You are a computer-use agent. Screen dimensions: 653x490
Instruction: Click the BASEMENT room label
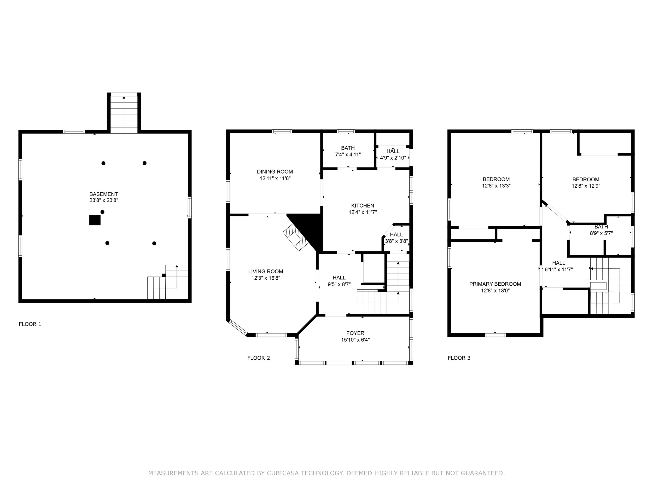pyautogui.click(x=104, y=194)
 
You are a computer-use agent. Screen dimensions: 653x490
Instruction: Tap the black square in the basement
pyautogui.click(x=95, y=220)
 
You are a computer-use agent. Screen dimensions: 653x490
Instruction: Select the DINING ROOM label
pyautogui.click(x=275, y=172)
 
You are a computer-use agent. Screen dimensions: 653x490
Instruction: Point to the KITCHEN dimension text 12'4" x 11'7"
pyautogui.click(x=363, y=212)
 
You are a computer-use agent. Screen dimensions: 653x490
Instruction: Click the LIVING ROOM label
pyautogui.click(x=266, y=272)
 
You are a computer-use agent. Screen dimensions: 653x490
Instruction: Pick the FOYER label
pyautogui.click(x=355, y=333)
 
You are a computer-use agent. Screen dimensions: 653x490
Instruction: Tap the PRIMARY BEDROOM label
pyautogui.click(x=495, y=284)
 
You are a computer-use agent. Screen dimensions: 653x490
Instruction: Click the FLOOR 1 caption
pyautogui.click(x=30, y=324)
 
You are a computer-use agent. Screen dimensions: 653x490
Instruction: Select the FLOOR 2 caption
pyautogui.click(x=259, y=358)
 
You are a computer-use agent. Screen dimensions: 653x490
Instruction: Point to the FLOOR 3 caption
pyautogui.click(x=459, y=358)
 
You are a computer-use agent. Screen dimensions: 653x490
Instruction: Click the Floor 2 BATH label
pyautogui.click(x=348, y=148)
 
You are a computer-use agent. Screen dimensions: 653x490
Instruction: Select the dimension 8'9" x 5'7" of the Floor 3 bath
pyautogui.click(x=601, y=233)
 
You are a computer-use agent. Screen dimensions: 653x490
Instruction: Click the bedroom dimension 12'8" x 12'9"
pyautogui.click(x=586, y=186)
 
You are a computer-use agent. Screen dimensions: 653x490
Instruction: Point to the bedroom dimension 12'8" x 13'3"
pyautogui.click(x=496, y=186)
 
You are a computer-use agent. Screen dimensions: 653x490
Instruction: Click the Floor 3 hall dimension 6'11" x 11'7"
pyautogui.click(x=559, y=269)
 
